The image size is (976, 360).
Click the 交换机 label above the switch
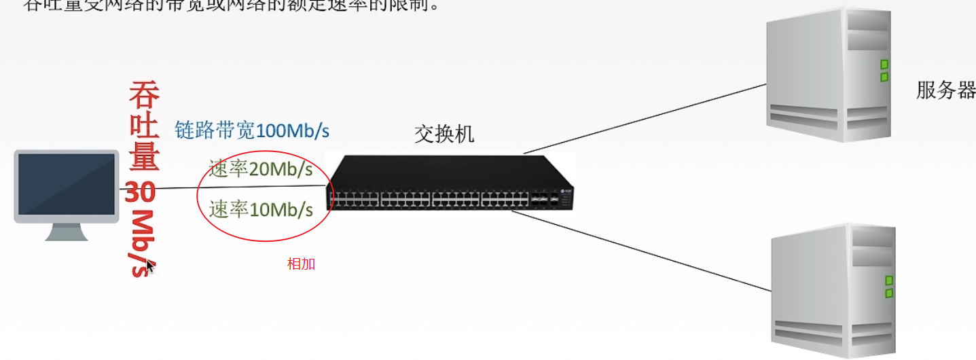(444, 134)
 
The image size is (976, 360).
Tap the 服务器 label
(945, 90)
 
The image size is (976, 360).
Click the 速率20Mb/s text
(261, 169)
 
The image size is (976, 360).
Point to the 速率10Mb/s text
(261, 209)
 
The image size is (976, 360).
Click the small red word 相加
(301, 264)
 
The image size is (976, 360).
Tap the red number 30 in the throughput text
(141, 193)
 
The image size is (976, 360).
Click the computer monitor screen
(66, 183)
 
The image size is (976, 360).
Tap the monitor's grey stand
(67, 232)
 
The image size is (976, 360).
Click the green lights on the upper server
(884, 71)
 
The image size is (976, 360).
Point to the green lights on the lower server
(888, 286)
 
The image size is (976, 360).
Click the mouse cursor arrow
(150, 266)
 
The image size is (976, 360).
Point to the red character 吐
(144, 126)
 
